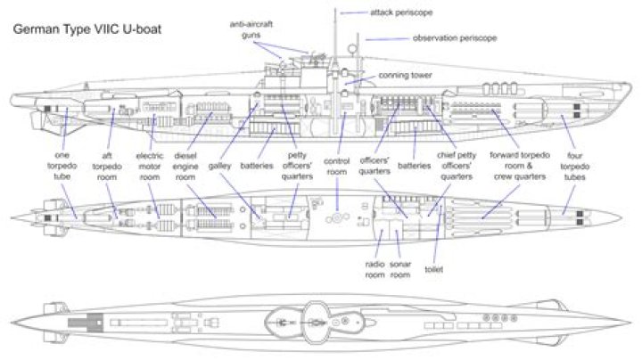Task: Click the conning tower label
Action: tap(405, 76)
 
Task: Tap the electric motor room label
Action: tap(150, 166)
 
